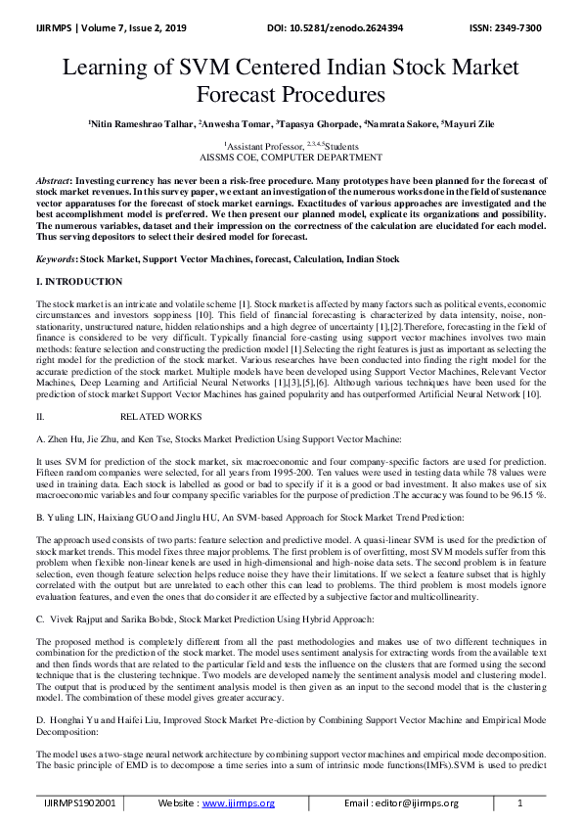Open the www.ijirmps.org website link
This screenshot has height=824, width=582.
pos(238,803)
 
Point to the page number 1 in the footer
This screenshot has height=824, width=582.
pos(519,803)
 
